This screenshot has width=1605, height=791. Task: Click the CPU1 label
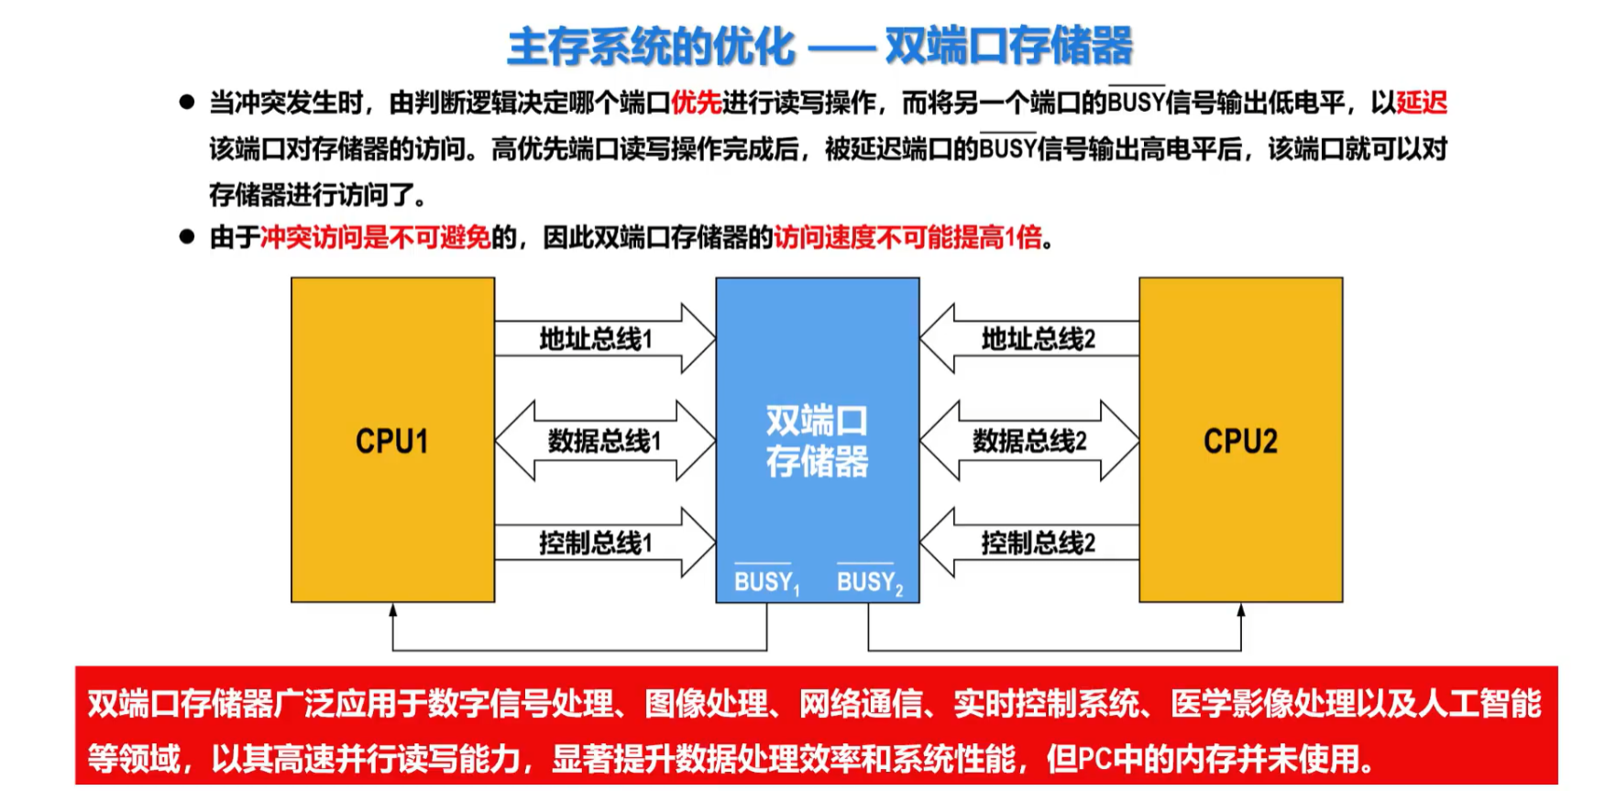click(391, 441)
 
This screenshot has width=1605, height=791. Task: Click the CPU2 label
click(1239, 441)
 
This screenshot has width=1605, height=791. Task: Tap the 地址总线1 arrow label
click(596, 339)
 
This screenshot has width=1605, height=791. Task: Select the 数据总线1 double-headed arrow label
click(604, 441)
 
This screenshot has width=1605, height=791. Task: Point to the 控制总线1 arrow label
click(596, 543)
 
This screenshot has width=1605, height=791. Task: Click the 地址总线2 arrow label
click(1038, 339)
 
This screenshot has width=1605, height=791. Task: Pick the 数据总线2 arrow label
click(1029, 441)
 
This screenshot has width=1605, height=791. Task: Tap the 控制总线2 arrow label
click(1038, 543)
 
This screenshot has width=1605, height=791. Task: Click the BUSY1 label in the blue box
click(766, 582)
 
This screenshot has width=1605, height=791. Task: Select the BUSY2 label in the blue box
click(869, 582)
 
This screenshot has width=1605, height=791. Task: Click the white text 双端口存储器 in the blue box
click(817, 441)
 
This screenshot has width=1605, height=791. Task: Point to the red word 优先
click(696, 103)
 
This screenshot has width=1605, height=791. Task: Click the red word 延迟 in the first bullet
click(1421, 103)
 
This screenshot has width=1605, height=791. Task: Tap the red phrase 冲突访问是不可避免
click(375, 238)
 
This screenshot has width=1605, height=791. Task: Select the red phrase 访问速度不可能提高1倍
click(908, 238)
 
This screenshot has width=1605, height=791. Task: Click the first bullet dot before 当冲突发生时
click(187, 102)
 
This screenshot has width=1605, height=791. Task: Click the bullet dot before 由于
click(187, 237)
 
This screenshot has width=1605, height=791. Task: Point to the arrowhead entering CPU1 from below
click(392, 610)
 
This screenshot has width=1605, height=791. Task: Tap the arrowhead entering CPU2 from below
click(1240, 610)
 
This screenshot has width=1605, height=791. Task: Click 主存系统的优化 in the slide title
click(651, 46)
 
